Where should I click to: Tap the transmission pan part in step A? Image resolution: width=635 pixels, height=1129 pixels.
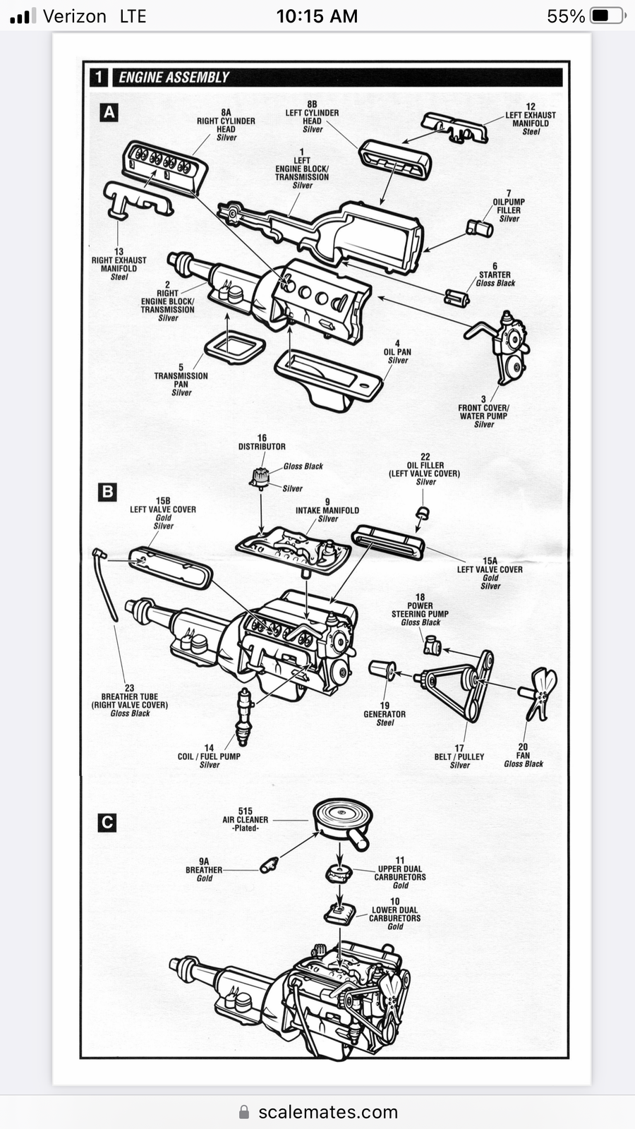point(236,347)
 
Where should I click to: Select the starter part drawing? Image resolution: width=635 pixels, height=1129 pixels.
point(456,298)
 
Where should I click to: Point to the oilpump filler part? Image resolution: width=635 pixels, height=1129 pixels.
point(479,229)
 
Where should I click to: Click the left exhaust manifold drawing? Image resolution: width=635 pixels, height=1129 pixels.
point(455,128)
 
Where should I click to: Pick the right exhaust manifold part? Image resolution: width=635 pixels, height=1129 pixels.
point(137,200)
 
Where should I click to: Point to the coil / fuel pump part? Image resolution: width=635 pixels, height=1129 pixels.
point(244,717)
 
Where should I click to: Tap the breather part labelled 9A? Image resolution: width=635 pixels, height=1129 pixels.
point(269,865)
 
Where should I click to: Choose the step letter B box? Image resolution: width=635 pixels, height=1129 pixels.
point(107,492)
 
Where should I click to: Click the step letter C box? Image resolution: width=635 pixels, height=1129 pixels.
point(107,823)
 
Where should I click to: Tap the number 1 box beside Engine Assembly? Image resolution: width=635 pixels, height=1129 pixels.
point(99,77)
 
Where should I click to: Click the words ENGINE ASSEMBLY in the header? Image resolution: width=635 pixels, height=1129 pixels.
point(174,77)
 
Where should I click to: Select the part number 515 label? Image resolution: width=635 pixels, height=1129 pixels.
point(246,811)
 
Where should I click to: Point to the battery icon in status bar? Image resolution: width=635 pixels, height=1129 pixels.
point(608,16)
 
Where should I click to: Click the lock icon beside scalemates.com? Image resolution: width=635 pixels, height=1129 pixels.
point(244,1111)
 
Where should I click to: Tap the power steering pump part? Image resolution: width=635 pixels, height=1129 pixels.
point(432,645)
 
